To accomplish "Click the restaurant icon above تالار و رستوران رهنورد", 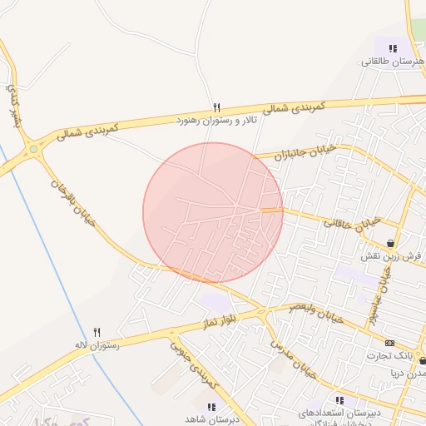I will tap(217, 107).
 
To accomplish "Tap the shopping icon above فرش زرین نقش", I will tap(390, 244).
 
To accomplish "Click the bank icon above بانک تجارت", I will tap(389, 343).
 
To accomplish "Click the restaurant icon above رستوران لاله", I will tap(97, 332).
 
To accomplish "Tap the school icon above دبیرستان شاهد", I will tap(212, 407).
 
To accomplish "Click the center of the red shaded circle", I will tap(213, 213).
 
